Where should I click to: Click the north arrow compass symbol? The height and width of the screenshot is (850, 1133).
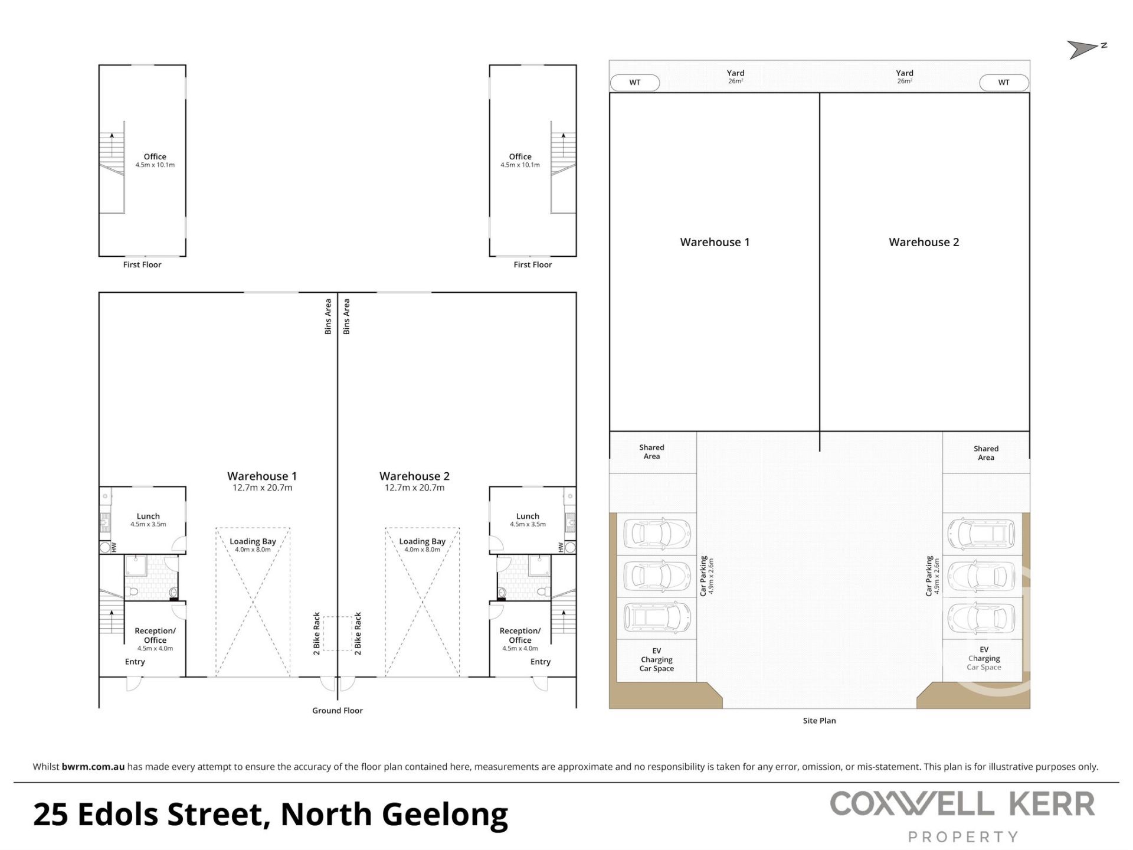1086,50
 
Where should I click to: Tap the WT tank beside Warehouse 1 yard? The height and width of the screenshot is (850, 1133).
634,83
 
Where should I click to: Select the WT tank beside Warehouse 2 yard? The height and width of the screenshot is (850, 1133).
1004,83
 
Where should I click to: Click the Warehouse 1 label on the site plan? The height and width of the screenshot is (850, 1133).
715,242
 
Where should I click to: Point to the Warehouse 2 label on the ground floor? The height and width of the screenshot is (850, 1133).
414,476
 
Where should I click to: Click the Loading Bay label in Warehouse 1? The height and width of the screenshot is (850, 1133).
253,541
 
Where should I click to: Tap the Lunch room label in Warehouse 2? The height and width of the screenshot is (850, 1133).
528,516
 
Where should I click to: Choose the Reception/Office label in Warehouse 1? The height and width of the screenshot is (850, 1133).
155,635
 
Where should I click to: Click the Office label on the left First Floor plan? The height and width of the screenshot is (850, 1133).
155,156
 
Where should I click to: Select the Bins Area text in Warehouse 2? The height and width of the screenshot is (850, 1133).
346,316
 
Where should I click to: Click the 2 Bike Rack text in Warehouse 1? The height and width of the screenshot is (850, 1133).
317,633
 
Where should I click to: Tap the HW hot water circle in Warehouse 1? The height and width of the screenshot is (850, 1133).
106,548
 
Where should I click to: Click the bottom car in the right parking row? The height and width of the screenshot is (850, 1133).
981,617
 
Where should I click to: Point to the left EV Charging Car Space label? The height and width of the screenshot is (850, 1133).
657,659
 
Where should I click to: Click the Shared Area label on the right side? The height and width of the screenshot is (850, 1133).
986,453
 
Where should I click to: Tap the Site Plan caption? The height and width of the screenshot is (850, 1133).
819,721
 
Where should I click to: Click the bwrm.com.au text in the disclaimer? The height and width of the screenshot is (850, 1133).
93,767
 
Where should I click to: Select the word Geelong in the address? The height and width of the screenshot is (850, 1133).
445,815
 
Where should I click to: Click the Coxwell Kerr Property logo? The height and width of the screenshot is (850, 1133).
962,817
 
